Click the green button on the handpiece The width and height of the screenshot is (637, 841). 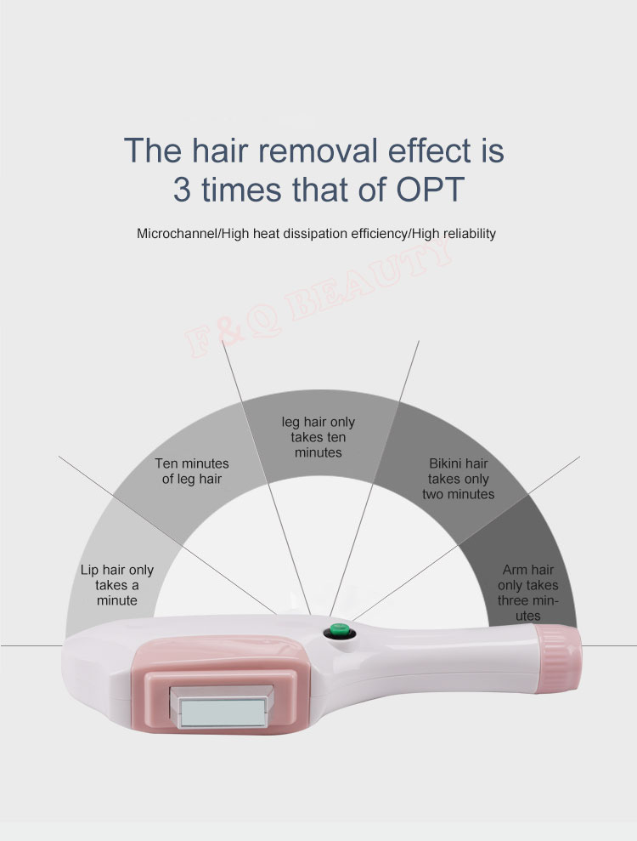pyautogui.click(x=340, y=629)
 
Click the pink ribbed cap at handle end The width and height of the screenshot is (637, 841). pyautogui.click(x=558, y=658)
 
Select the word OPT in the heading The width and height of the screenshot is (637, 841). pyautogui.click(x=430, y=190)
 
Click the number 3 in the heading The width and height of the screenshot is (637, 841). pyautogui.click(x=182, y=190)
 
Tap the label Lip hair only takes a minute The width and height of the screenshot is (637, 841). pyautogui.click(x=117, y=585)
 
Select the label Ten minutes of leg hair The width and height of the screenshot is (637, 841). pyautogui.click(x=192, y=471)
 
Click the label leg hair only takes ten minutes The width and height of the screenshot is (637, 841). pyautogui.click(x=318, y=437)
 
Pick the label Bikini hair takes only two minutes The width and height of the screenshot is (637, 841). pyautogui.click(x=458, y=479)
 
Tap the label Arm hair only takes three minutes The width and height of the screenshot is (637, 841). pyautogui.click(x=527, y=593)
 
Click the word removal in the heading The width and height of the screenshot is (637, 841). pyautogui.click(x=318, y=151)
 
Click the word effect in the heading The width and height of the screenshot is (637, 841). pyautogui.click(x=430, y=151)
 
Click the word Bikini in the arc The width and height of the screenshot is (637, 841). pyautogui.click(x=446, y=463)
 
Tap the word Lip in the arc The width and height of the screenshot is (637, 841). pyautogui.click(x=89, y=570)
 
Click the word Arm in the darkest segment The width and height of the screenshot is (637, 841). pyautogui.click(x=513, y=570)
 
